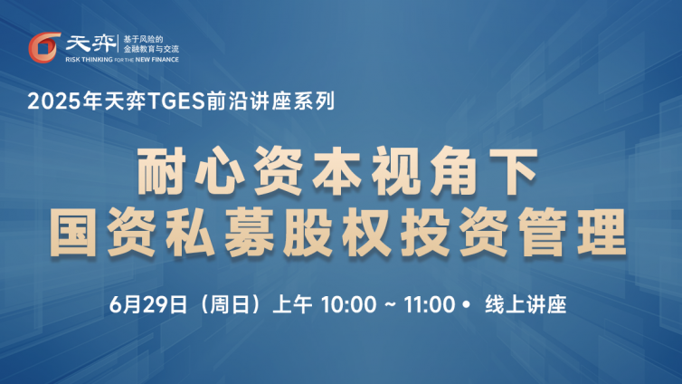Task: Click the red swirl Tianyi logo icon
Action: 43,47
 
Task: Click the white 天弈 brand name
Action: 90,44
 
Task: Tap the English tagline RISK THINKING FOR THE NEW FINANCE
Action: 122,60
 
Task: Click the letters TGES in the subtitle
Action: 176,101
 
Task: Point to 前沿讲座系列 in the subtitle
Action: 270,101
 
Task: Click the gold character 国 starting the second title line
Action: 73,232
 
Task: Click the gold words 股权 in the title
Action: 337,232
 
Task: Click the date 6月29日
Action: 148,304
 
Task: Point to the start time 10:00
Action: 349,304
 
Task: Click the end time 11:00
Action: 430,304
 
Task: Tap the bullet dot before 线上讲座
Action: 467,304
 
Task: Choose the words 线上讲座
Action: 526,304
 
